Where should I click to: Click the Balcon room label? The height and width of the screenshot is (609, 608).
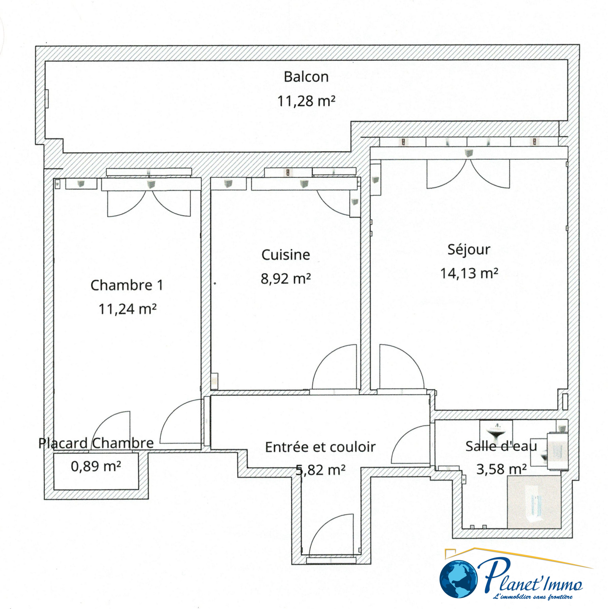pyautogui.click(x=306, y=77)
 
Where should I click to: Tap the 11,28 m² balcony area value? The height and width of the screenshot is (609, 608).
pyautogui.click(x=306, y=101)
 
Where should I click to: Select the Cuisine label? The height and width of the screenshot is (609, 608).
pyautogui.click(x=286, y=255)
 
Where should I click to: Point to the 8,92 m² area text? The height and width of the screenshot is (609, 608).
pyautogui.click(x=286, y=279)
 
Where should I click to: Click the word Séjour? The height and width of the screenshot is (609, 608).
pyautogui.click(x=469, y=250)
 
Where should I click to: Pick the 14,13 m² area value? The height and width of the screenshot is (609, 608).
pyautogui.click(x=469, y=273)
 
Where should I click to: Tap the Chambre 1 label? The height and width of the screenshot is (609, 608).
pyautogui.click(x=127, y=285)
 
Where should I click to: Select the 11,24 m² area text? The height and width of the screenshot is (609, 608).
pyautogui.click(x=127, y=309)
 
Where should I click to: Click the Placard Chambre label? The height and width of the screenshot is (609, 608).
pyautogui.click(x=96, y=443)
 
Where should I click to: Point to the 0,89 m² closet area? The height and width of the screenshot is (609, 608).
pyautogui.click(x=96, y=466)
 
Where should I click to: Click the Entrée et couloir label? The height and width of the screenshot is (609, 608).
pyautogui.click(x=320, y=447)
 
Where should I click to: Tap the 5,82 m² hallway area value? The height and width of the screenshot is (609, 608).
pyautogui.click(x=320, y=470)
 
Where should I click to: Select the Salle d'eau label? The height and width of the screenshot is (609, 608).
pyautogui.click(x=501, y=446)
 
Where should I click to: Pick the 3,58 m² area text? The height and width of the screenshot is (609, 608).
pyautogui.click(x=501, y=469)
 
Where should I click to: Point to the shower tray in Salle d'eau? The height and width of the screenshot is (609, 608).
pyautogui.click(x=534, y=502)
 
